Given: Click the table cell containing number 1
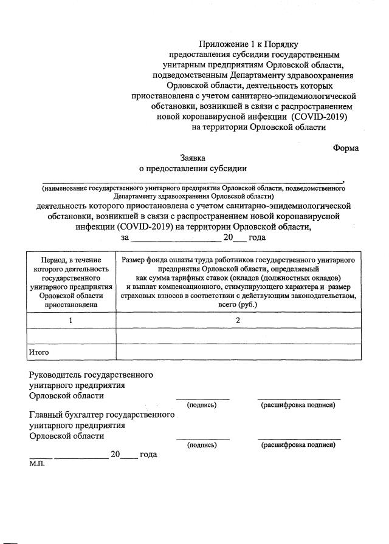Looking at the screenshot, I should click(72, 319).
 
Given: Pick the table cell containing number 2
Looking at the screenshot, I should click(238, 319).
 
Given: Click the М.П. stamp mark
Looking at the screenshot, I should click(37, 463).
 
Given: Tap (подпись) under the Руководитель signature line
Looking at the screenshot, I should click(202, 405).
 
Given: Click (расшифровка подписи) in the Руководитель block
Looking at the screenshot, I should click(298, 405).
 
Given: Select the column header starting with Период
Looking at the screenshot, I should click(72, 282).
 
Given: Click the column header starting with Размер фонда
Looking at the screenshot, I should click(238, 282).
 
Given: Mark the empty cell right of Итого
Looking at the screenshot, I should click(238, 352).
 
